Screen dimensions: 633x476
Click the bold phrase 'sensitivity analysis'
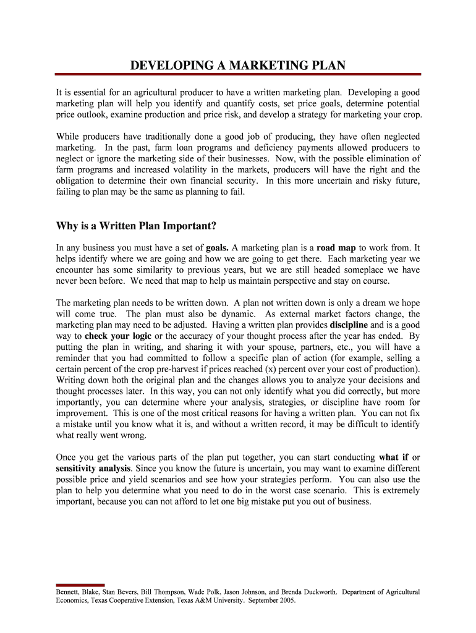pos(93,469)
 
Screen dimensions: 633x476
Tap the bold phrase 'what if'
pos(393,457)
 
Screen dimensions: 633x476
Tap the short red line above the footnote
pos(80,585)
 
